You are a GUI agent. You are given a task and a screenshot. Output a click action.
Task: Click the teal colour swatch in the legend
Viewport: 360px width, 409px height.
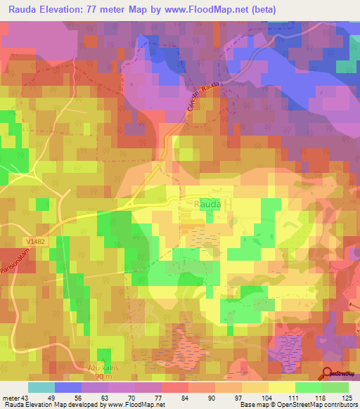pyautogui.click(x=40, y=387)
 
